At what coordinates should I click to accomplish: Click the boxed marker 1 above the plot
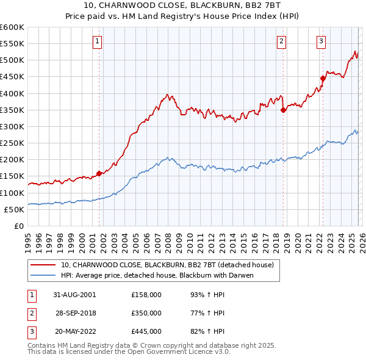[x=98, y=41]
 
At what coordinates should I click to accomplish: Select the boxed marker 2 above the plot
[x=281, y=41]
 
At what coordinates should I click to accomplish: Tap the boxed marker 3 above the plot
[x=321, y=41]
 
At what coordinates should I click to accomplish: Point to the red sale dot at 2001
[x=99, y=173]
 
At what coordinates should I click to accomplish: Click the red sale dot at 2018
[x=283, y=110]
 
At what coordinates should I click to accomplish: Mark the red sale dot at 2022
[x=323, y=78]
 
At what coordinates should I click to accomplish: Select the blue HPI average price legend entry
[x=157, y=275]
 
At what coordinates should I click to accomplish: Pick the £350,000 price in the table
[x=146, y=313]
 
